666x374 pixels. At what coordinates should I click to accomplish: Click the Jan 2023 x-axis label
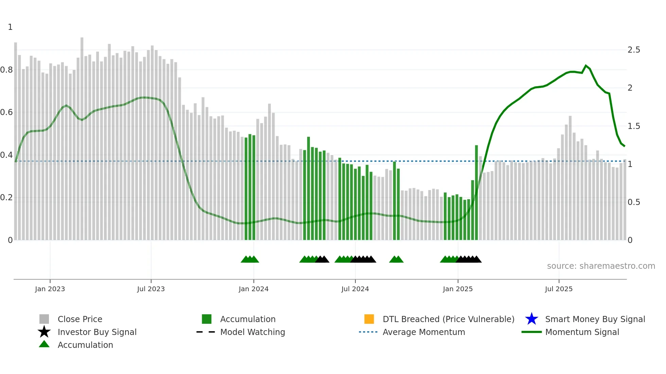50,289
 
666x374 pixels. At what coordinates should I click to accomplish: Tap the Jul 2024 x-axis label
355,289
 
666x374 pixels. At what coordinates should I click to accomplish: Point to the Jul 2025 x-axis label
559,289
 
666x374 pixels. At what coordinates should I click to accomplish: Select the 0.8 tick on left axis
6,70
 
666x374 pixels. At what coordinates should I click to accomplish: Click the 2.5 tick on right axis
634,50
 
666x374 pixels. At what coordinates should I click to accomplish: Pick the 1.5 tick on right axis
634,126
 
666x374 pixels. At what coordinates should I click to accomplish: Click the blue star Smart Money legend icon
531,319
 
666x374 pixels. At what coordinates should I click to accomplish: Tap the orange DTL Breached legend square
369,319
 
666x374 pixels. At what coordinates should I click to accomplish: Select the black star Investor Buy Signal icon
44,332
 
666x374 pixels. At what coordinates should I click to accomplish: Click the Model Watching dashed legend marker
206,332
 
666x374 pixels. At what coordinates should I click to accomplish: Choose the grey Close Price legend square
44,319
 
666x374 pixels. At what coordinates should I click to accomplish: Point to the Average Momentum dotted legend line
368,332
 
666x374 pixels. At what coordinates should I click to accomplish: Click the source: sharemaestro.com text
601,266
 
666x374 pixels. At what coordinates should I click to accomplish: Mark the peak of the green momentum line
586,66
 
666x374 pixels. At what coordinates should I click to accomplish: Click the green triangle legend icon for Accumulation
44,344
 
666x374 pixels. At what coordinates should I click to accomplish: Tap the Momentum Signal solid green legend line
531,332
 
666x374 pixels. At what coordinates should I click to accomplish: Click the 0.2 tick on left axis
6,198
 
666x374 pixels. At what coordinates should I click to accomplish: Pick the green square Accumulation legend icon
207,319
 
